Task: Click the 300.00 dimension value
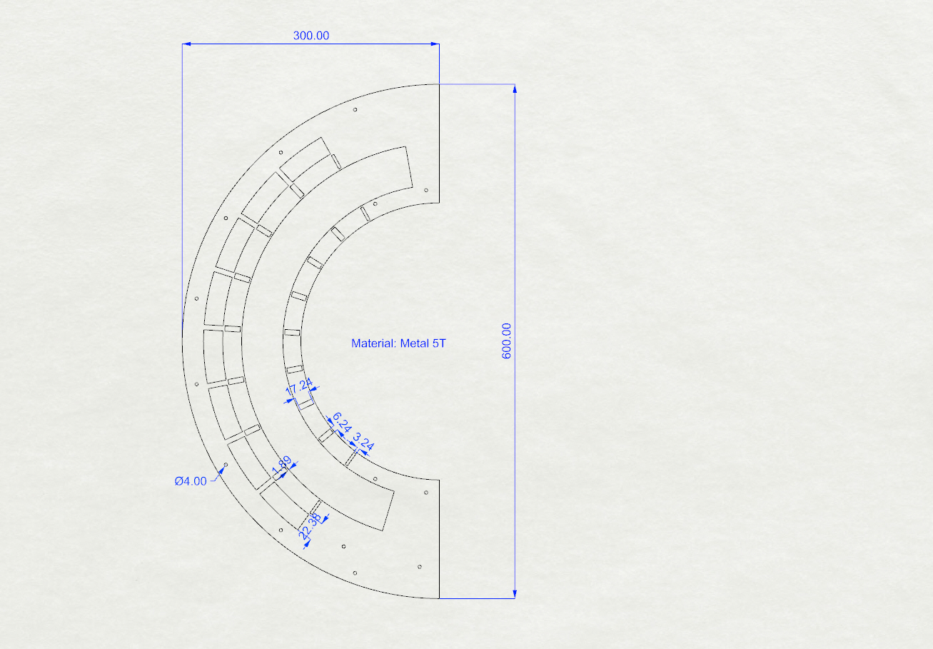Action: [311, 36]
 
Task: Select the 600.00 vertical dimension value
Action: [506, 341]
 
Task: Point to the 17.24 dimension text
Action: [299, 387]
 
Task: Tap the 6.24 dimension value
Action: [342, 422]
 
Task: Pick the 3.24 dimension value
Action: [363, 441]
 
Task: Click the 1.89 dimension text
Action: [281, 466]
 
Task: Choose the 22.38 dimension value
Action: [311, 526]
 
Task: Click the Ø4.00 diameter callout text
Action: [191, 481]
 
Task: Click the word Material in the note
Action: [374, 343]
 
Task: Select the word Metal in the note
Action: [415, 343]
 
